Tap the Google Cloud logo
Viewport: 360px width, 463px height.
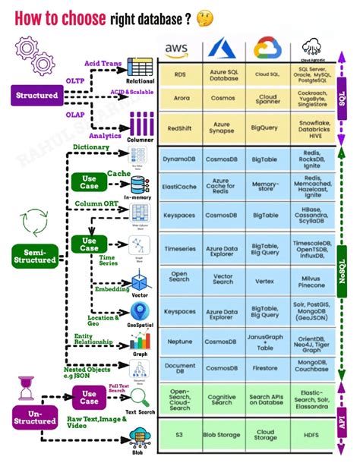(267, 49)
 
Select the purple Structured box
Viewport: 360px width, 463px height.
(37, 96)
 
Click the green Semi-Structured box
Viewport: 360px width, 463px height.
(36, 255)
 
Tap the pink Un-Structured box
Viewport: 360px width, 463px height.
(36, 416)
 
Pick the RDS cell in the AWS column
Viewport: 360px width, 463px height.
(180, 74)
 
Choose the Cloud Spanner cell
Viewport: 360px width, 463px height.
(267, 100)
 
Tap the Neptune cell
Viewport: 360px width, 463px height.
(180, 342)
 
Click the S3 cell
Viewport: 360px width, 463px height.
(180, 437)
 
